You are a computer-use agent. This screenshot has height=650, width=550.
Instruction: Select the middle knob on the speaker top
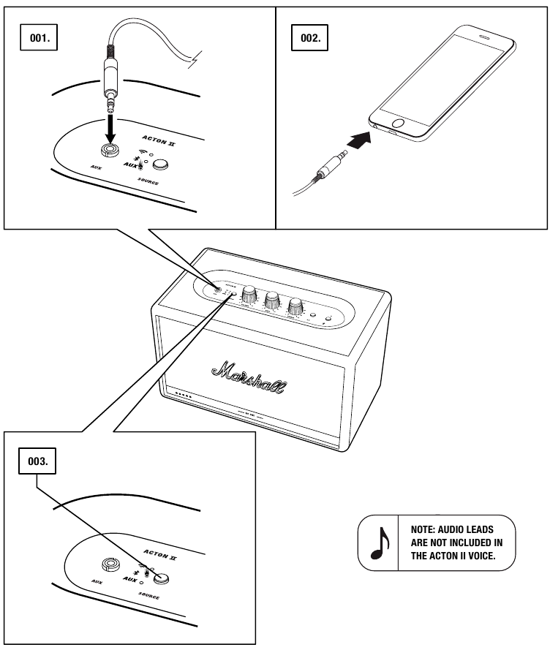(x=273, y=299)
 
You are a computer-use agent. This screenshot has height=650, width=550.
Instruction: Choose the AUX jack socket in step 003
(x=112, y=564)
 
